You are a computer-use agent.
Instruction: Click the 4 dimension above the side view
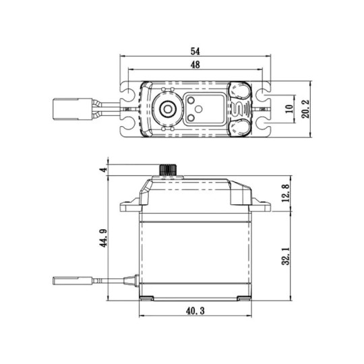104,170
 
